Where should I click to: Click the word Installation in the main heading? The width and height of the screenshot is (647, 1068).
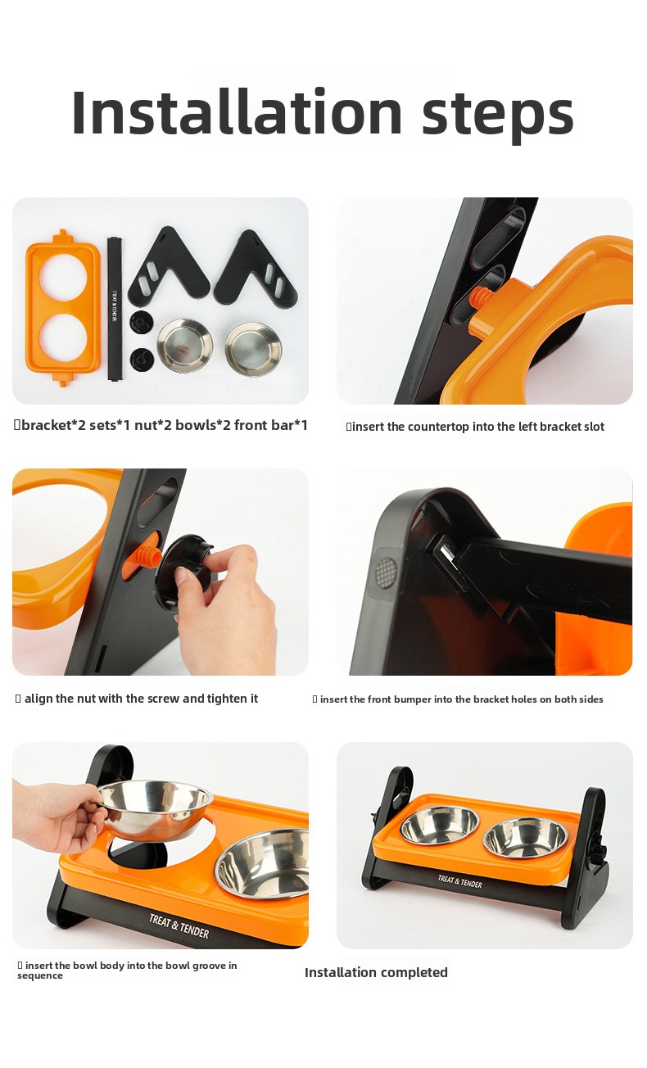237,111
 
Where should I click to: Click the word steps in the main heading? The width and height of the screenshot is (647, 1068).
497,117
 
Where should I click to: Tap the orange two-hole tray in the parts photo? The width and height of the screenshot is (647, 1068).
63,307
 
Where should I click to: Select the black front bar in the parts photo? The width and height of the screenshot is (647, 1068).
115,309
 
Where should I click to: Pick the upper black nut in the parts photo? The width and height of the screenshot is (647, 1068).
141,322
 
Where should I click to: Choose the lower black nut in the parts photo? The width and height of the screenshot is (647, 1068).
142,360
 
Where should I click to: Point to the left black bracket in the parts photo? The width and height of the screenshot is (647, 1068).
169,267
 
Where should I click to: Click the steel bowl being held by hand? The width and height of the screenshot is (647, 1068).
155,808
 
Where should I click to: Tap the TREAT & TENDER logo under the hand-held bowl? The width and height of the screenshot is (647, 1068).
179,925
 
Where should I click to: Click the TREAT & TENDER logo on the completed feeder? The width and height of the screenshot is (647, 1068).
459,881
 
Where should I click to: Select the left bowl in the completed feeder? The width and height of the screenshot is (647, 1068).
439,825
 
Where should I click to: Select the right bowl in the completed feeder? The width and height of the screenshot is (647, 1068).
526,837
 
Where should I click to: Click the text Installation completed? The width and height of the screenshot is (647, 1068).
376,972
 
